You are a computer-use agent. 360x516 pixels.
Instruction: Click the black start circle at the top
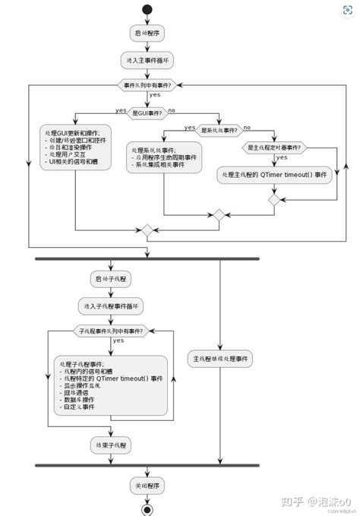[147, 9]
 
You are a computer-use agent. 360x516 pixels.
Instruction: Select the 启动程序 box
[147, 33]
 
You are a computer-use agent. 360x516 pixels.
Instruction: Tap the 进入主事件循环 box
[147, 59]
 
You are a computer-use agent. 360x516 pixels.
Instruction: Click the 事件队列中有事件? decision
[147, 85]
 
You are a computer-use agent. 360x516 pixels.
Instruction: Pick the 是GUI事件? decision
[147, 112]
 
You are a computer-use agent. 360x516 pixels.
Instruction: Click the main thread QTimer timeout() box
[275, 175]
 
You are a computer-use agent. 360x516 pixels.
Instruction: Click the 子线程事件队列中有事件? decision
[111, 331]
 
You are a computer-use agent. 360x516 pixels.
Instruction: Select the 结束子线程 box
[111, 442]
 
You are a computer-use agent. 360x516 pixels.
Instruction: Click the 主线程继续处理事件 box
[220, 358]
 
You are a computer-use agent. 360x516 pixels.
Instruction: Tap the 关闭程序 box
[147, 485]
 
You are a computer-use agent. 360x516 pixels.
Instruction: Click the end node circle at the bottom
[147, 508]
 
